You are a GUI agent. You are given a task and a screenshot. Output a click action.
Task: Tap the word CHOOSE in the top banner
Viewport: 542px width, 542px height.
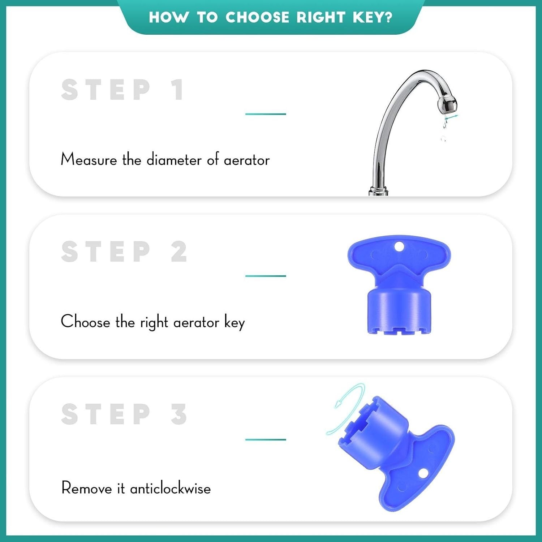point(257,17)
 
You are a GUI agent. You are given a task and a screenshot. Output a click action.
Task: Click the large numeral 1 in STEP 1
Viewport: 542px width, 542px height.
point(177,90)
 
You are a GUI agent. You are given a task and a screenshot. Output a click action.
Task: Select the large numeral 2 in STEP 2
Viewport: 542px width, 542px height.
point(179,251)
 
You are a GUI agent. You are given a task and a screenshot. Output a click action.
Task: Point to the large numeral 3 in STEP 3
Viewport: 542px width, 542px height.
point(179,414)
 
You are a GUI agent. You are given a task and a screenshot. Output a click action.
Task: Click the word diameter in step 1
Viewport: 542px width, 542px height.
point(174,159)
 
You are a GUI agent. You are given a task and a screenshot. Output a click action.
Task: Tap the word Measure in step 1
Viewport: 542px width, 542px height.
point(89,159)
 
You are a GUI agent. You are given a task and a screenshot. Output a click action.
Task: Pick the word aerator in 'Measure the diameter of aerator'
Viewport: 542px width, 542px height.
point(247,160)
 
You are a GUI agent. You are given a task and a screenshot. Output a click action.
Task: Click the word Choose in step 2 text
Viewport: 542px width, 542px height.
point(85,321)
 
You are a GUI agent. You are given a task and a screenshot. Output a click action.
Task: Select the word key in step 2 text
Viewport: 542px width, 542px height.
point(235,322)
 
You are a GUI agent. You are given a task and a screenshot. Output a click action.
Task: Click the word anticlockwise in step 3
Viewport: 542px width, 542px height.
point(171,488)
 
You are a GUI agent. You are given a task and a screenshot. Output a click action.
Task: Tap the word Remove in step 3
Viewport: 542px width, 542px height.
point(87,488)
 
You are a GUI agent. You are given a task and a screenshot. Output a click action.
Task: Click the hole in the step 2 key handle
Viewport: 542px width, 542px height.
point(399,247)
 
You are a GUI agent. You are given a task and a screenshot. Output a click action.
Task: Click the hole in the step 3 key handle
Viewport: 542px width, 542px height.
point(423,473)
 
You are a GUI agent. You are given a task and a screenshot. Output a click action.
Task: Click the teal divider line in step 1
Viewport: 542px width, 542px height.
point(266,114)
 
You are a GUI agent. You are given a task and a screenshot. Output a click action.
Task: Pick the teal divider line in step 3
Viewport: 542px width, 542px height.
point(266,439)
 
